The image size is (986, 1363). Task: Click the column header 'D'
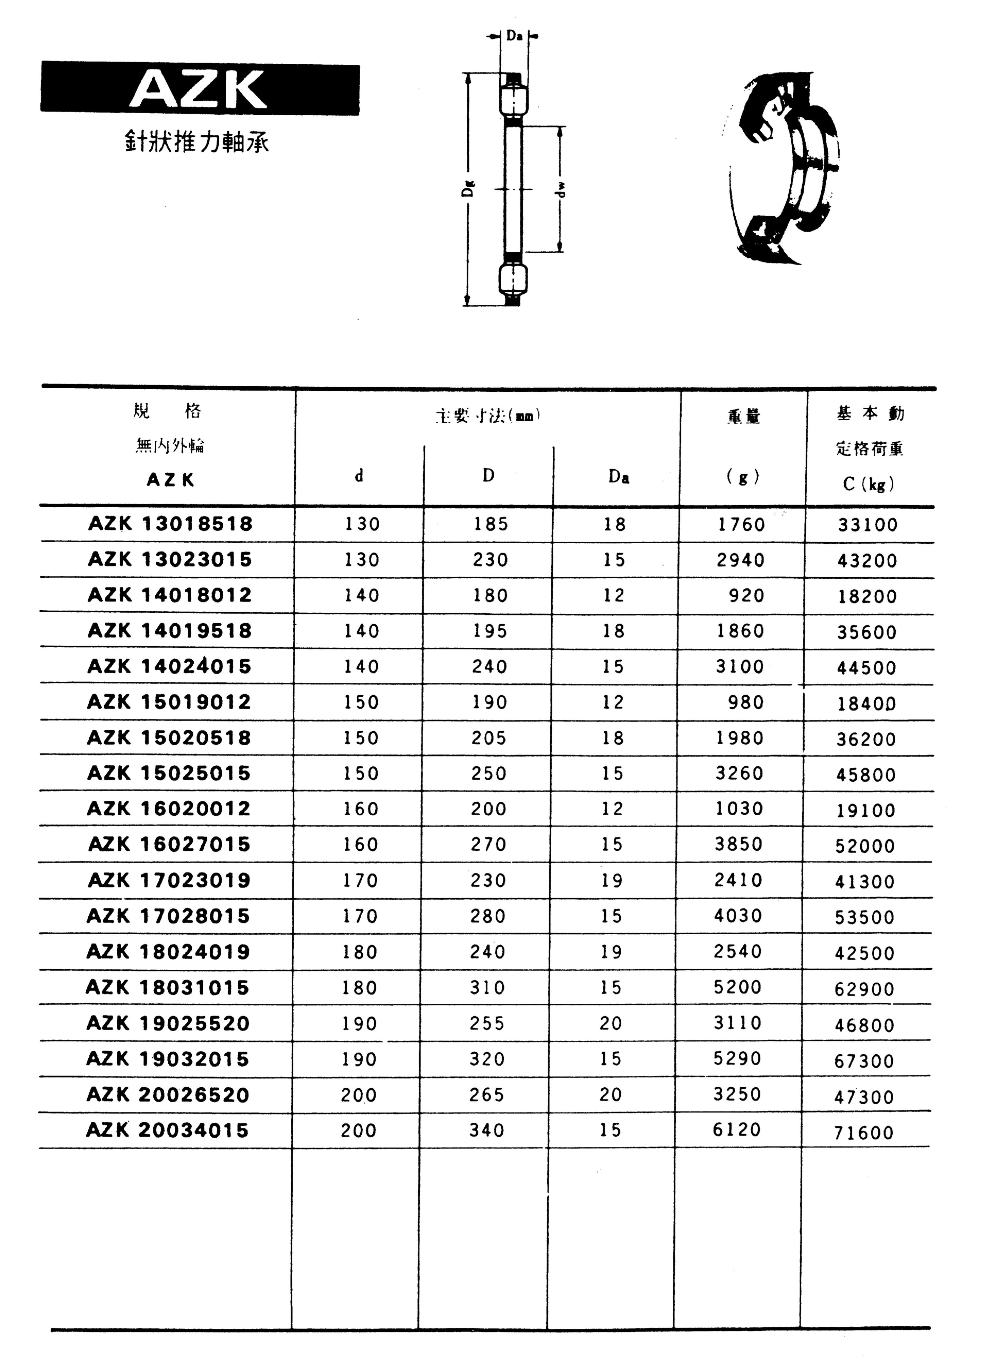click(488, 476)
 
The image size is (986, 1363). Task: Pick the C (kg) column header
click(869, 484)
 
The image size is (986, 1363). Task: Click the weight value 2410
click(739, 880)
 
